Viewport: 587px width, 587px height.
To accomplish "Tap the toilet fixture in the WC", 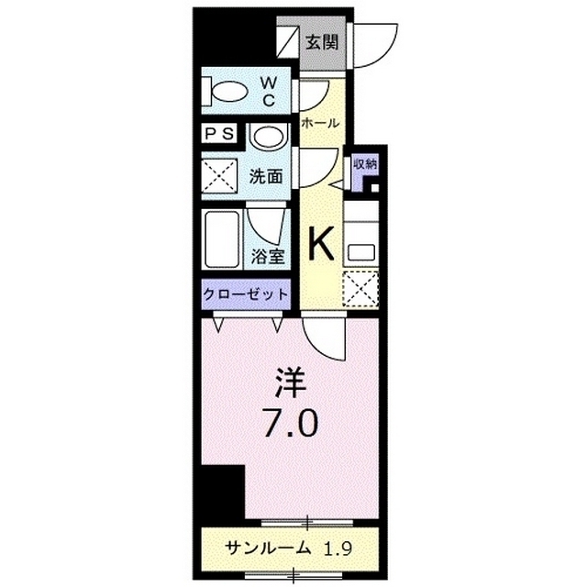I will pyautogui.click(x=227, y=92).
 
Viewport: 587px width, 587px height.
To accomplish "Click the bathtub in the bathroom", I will pyautogui.click(x=223, y=240).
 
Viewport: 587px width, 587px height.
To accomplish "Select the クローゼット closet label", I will pyautogui.click(x=246, y=295).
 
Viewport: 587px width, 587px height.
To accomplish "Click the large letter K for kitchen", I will pyautogui.click(x=320, y=244).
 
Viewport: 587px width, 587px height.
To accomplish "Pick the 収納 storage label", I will pyautogui.click(x=365, y=164).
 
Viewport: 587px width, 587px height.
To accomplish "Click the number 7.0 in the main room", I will pyautogui.click(x=292, y=423).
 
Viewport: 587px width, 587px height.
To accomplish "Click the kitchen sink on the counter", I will pyautogui.click(x=360, y=248).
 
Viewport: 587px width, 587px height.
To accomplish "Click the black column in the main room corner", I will pyautogui.click(x=223, y=490).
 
